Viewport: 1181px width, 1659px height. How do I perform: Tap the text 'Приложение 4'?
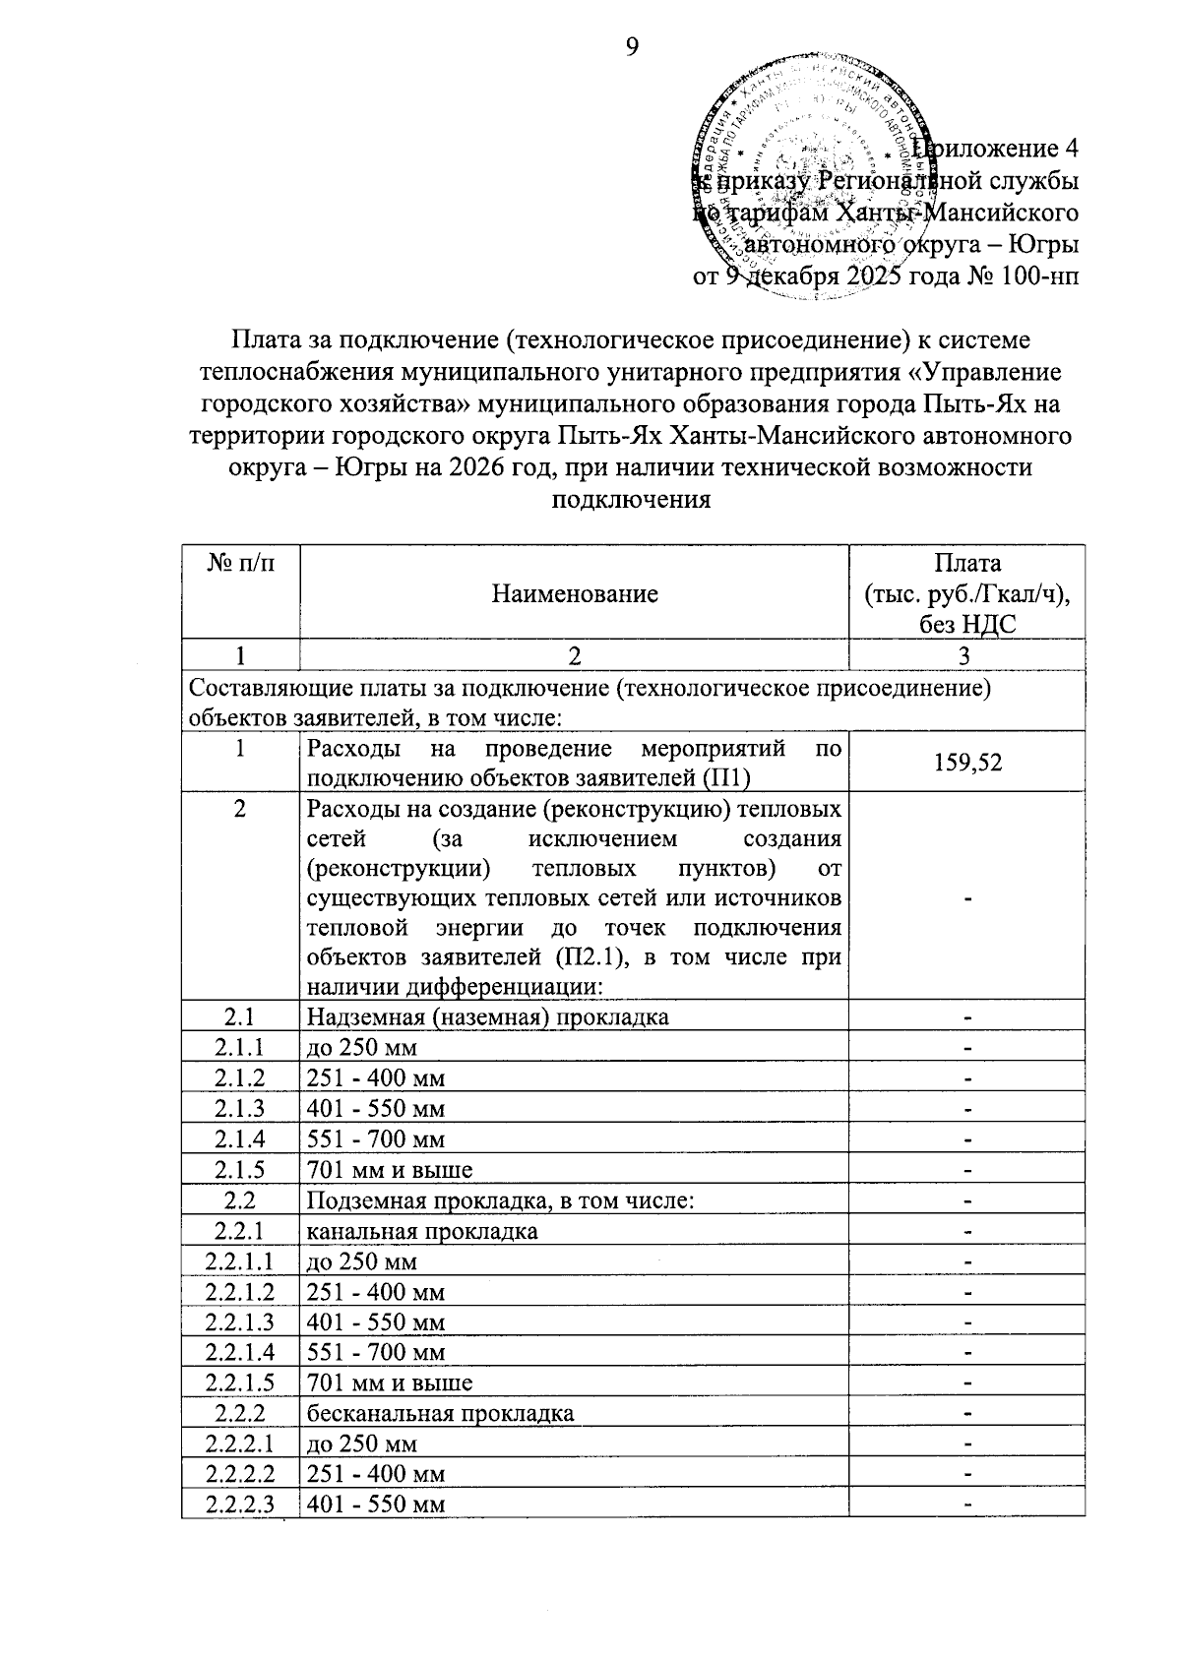coord(994,149)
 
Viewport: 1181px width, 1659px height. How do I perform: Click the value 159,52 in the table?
coord(969,763)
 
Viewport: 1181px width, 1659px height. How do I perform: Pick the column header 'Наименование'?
coord(575,593)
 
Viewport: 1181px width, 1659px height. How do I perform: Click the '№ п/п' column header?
coord(240,563)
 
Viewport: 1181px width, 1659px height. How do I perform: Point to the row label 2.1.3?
coord(240,1109)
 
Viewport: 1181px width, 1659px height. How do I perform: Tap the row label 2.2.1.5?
coord(240,1382)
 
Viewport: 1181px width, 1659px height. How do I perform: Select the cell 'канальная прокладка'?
coord(422,1231)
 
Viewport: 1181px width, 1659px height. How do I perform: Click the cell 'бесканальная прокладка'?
coord(440,1414)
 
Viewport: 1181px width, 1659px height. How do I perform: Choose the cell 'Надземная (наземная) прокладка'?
coord(488,1016)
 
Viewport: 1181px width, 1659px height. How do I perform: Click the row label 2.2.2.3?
coord(240,1505)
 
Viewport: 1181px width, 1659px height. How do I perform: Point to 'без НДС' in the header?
coord(967,623)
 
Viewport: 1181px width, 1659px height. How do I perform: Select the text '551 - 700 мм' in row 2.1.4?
coord(376,1139)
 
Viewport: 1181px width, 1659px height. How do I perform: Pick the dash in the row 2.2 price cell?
coord(968,1201)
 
